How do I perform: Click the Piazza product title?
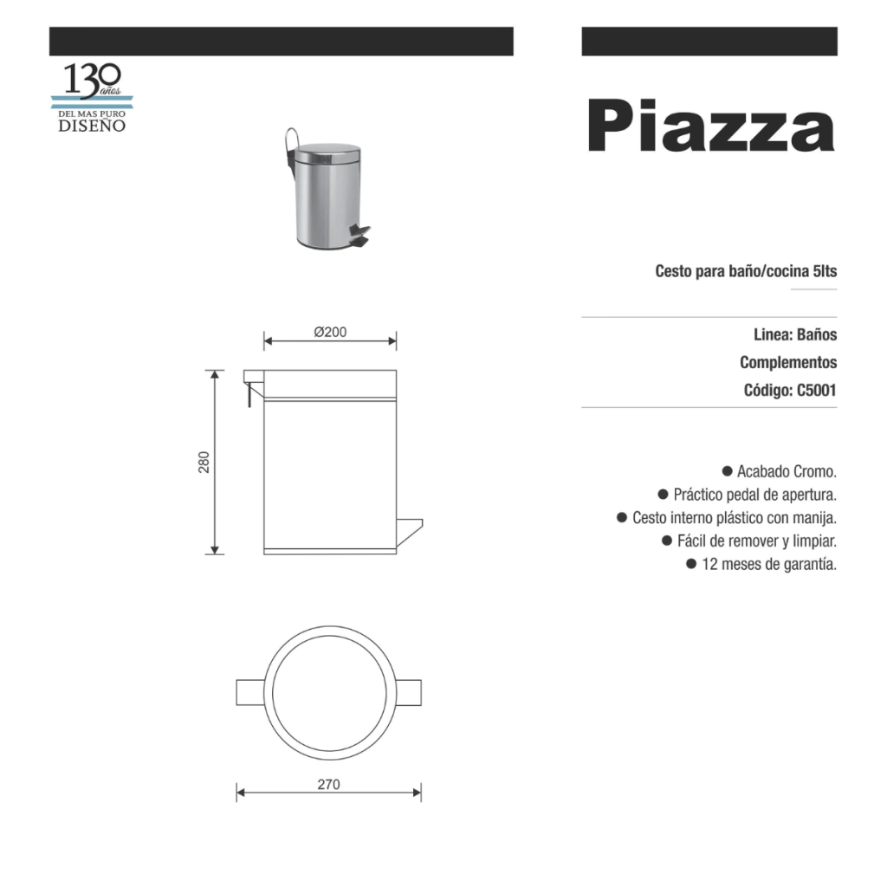tap(711, 126)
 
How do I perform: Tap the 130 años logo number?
tap(92, 80)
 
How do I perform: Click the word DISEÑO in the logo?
tap(92, 126)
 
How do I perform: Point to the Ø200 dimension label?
tap(330, 332)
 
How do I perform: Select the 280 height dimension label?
tap(204, 463)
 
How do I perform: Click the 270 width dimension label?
tap(328, 785)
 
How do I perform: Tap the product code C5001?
tap(816, 391)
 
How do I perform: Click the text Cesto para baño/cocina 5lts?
tap(746, 271)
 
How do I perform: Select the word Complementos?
tap(788, 362)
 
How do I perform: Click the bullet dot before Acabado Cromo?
tap(728, 470)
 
